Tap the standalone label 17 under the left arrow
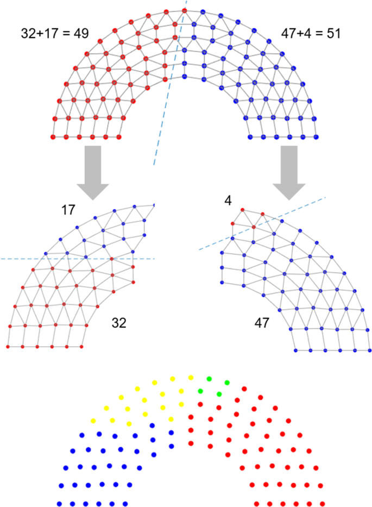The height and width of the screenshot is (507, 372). click(x=68, y=209)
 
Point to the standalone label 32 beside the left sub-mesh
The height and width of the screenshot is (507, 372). click(x=119, y=322)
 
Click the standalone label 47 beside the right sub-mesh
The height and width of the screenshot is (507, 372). click(x=263, y=324)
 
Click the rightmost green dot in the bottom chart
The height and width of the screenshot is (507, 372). click(x=227, y=383)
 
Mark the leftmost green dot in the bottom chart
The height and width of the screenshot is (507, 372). click(x=200, y=391)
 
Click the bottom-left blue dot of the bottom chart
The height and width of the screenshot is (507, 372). click(x=59, y=504)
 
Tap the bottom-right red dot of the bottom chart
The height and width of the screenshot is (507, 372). click(x=323, y=504)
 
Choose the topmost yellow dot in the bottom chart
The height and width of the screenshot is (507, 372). click(x=191, y=378)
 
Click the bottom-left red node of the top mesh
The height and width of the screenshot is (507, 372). click(x=53, y=137)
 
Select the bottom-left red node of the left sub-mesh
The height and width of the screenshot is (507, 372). click(x=8, y=346)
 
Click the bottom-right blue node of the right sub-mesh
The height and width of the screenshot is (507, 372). click(x=369, y=349)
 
